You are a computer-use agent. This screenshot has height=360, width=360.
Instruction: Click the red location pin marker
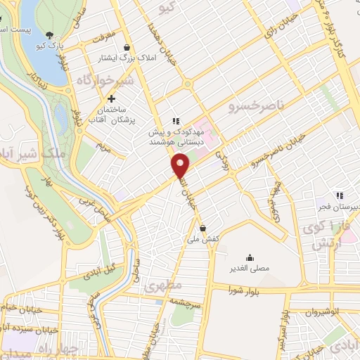pos(181,166)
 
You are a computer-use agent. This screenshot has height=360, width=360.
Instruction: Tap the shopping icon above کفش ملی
pos(202,228)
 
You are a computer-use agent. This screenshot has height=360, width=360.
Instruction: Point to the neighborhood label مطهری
pos(162,285)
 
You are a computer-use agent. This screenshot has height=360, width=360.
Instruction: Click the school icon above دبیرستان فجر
pos(340,195)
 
